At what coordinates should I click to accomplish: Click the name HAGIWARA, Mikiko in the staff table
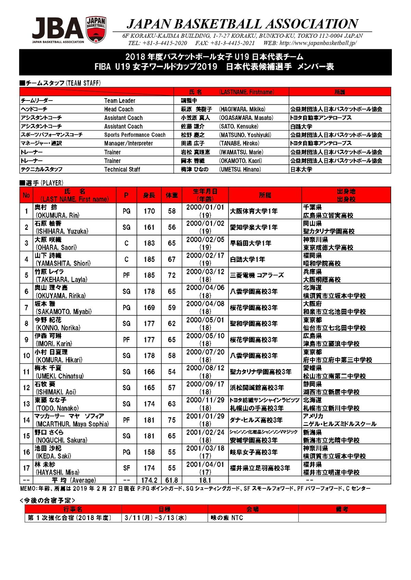(242, 109)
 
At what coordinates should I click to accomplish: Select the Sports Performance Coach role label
(135, 135)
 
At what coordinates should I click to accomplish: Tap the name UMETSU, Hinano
(240, 169)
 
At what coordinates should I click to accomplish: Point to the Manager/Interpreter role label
(128, 143)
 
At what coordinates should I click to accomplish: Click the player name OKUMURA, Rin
(58, 215)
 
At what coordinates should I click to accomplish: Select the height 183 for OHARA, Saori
(149, 243)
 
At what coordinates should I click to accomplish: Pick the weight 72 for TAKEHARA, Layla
(172, 275)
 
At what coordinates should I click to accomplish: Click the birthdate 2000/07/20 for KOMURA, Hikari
(205, 352)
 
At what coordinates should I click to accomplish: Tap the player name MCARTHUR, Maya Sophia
(72, 424)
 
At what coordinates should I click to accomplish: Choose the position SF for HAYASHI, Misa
(126, 468)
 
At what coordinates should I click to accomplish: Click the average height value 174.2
(149, 480)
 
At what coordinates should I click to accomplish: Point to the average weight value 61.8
(172, 480)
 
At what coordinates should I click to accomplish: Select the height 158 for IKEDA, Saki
(149, 452)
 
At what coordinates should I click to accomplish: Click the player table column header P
(126, 195)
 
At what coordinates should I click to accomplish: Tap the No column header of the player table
(26, 195)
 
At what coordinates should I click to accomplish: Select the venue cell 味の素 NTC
(227, 518)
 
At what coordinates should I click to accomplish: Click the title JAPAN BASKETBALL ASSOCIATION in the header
(242, 24)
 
